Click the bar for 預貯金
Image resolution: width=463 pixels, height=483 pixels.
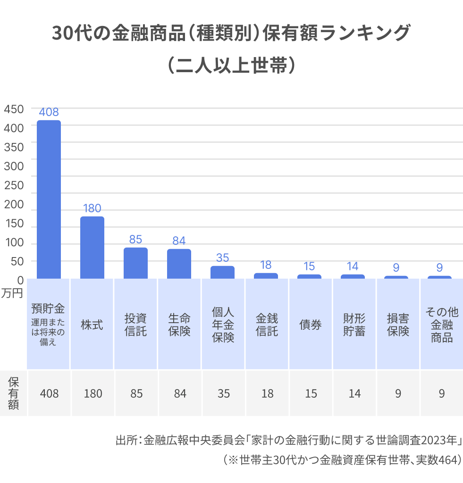pyautogui.click(x=49, y=199)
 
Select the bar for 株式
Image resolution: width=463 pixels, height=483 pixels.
pyautogui.click(x=92, y=247)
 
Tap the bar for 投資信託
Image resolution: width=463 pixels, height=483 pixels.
pyautogui.click(x=135, y=263)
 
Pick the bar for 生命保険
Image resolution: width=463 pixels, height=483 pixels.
pyautogui.click(x=179, y=263)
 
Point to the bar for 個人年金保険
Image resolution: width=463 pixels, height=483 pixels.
pyautogui.click(x=222, y=272)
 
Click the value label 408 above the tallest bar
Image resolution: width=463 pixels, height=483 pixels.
pyautogui.click(x=49, y=112)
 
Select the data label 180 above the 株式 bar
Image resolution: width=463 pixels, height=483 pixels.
pyautogui.click(x=92, y=208)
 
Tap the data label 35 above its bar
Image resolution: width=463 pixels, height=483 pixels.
pyautogui.click(x=222, y=258)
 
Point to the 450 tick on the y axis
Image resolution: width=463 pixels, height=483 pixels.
pyautogui.click(x=14, y=109)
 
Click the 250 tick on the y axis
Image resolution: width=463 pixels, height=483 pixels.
pyautogui.click(x=14, y=185)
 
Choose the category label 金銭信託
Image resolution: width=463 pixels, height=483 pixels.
pyautogui.click(x=267, y=325)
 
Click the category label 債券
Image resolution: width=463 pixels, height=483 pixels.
pyautogui.click(x=311, y=325)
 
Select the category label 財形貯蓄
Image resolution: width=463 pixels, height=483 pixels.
pyautogui.click(x=354, y=325)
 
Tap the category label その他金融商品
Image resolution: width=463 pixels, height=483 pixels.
pyautogui.click(x=441, y=325)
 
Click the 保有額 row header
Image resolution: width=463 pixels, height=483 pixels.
pyautogui.click(x=13, y=393)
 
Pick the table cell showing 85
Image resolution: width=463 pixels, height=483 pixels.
pyautogui.click(x=136, y=393)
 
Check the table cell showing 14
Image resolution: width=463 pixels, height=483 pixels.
pyautogui.click(x=354, y=393)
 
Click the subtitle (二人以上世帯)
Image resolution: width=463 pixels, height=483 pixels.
pyautogui.click(x=231, y=66)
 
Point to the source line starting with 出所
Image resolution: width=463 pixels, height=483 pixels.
pyautogui.click(x=288, y=441)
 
